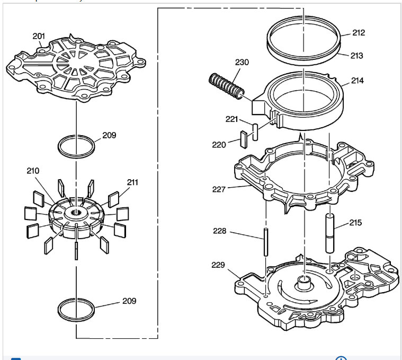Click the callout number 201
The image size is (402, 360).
tap(39, 36)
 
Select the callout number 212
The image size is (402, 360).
tap(359, 33)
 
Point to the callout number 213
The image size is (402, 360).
tap(356, 55)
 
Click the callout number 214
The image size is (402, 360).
tap(358, 82)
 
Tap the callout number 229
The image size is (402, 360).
tap(218, 265)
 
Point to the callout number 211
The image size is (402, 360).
tap(133, 182)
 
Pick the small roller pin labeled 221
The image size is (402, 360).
tap(255, 132)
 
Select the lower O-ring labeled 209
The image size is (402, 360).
tap(77, 310)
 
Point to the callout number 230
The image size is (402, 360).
tap(242, 62)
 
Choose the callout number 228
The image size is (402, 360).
tap(219, 231)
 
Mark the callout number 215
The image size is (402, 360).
tap(355, 223)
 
